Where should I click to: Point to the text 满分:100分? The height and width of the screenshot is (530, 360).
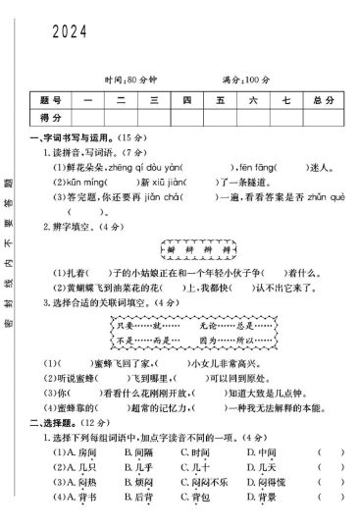[245, 79]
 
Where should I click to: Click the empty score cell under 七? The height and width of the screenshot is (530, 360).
[284, 118]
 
